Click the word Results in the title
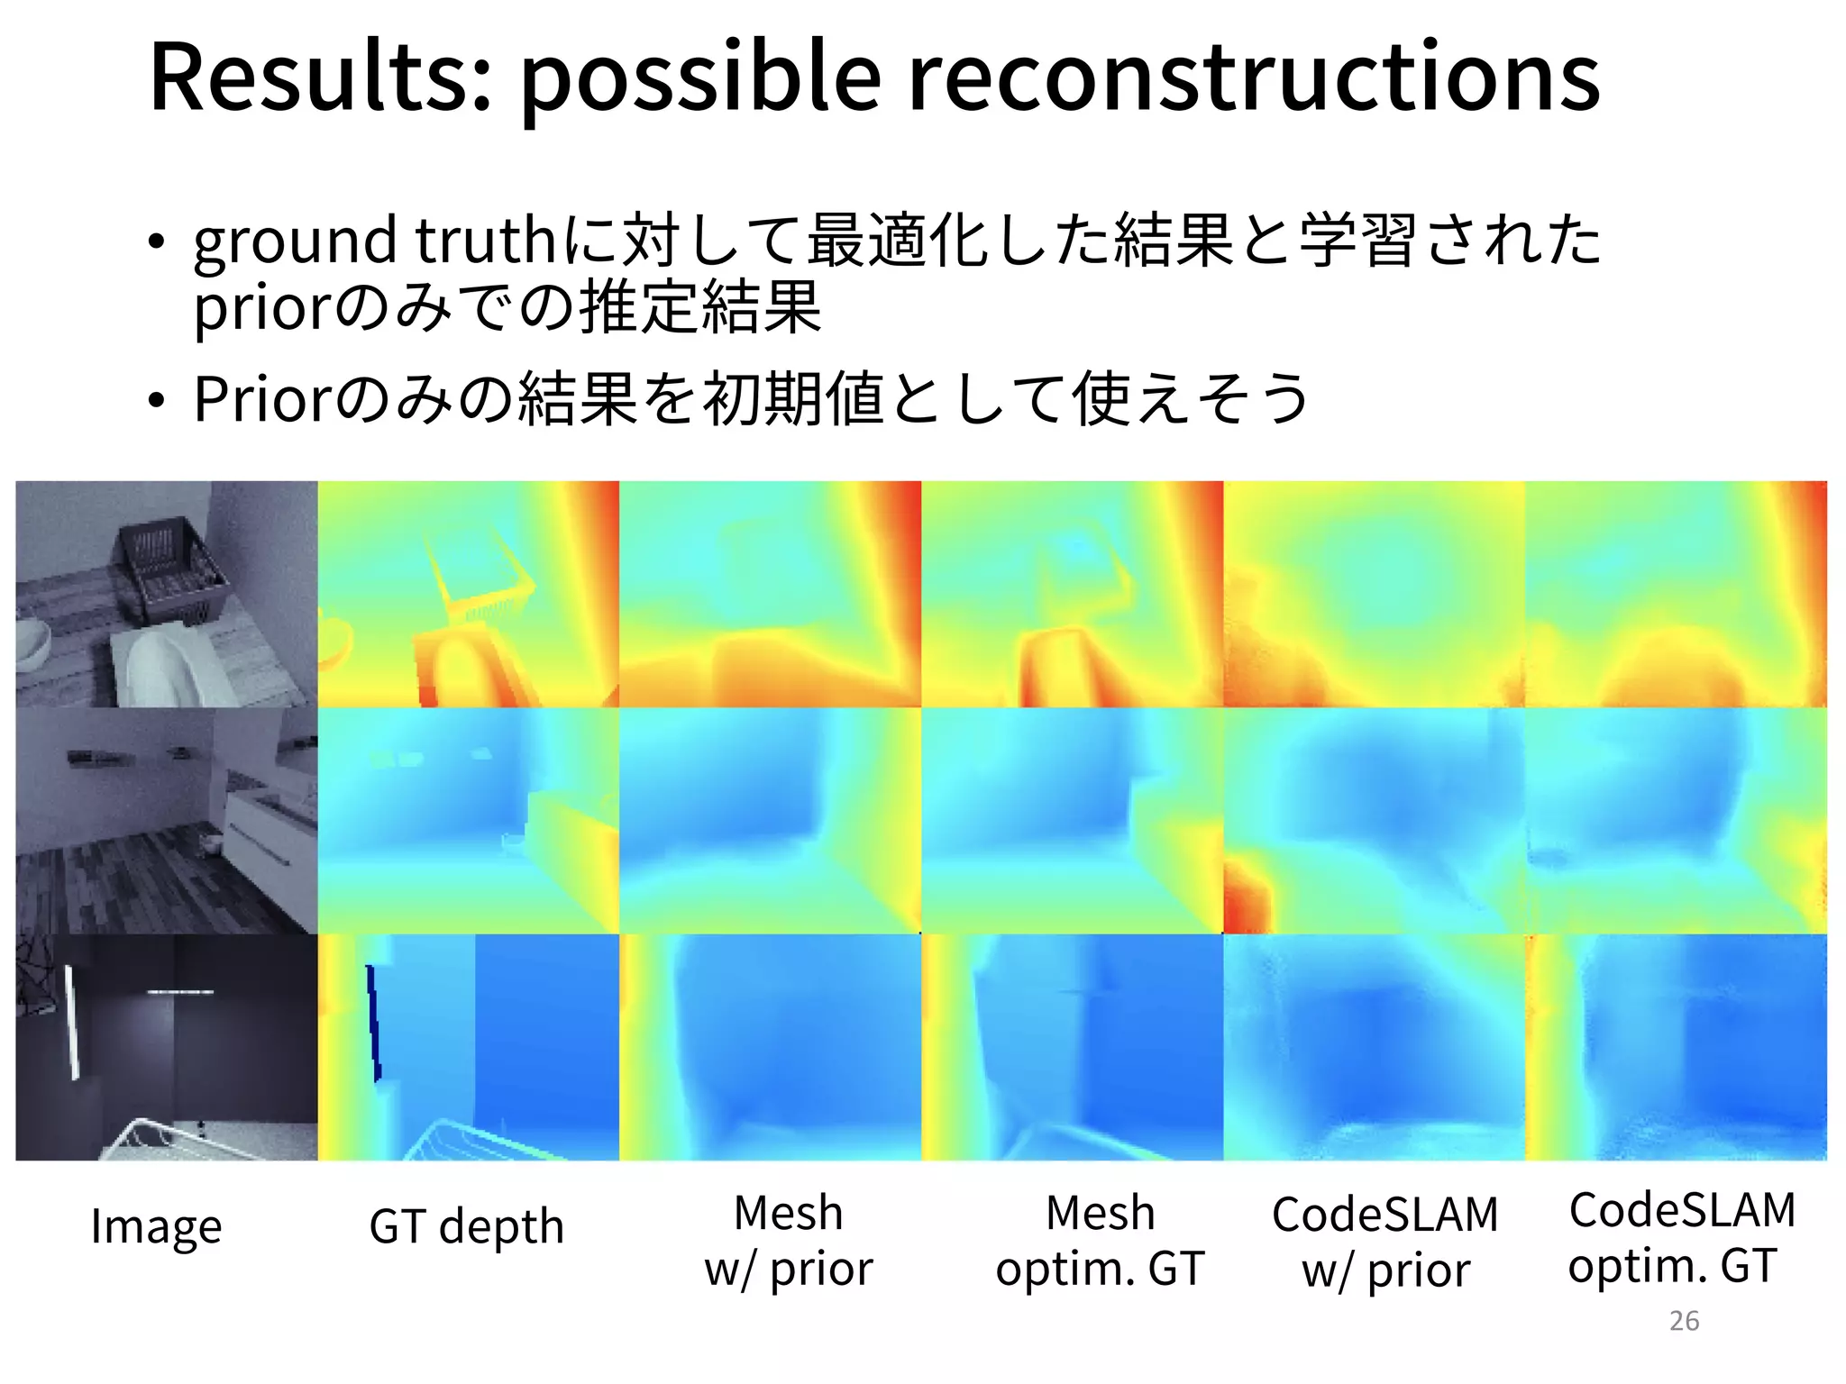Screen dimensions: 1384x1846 point(320,79)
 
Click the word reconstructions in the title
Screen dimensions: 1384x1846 point(1253,79)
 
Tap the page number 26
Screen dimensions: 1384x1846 point(1684,1321)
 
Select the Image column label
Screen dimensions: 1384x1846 point(156,1227)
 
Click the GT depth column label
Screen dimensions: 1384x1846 point(466,1227)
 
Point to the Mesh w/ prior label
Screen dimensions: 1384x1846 point(789,1241)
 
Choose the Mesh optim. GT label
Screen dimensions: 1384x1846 point(1100,1241)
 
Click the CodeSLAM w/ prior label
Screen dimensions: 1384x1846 point(1385,1242)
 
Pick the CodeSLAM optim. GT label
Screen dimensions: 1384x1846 point(1682,1237)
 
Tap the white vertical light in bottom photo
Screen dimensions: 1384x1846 point(71,1022)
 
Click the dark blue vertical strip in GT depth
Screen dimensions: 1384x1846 point(373,1023)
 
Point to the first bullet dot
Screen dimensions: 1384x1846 point(157,242)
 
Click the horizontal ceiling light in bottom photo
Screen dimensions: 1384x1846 point(180,992)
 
